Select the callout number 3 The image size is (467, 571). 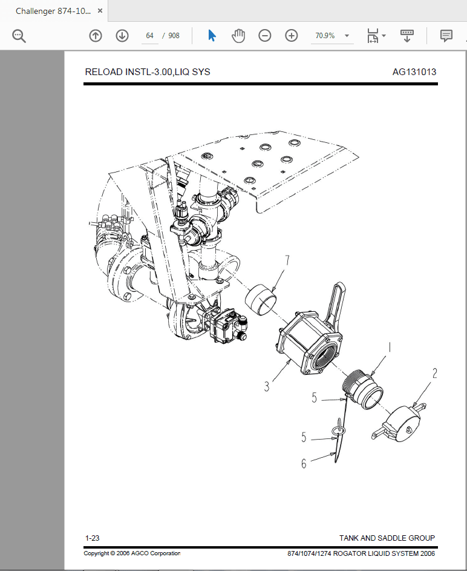tap(267, 385)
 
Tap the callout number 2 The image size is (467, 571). tap(434, 374)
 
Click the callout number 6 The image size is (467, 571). tap(304, 464)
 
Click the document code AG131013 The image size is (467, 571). tap(414, 72)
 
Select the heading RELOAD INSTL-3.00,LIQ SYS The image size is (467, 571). tap(148, 72)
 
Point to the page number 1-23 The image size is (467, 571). tap(93, 538)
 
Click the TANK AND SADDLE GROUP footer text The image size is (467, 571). tap(387, 538)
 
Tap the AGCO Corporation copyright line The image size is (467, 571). tap(132, 553)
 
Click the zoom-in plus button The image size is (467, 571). tap(292, 36)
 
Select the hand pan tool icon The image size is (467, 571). tap(238, 36)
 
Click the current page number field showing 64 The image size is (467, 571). tap(149, 36)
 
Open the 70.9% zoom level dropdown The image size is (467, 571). tap(331, 36)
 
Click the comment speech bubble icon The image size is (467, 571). tap(446, 36)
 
